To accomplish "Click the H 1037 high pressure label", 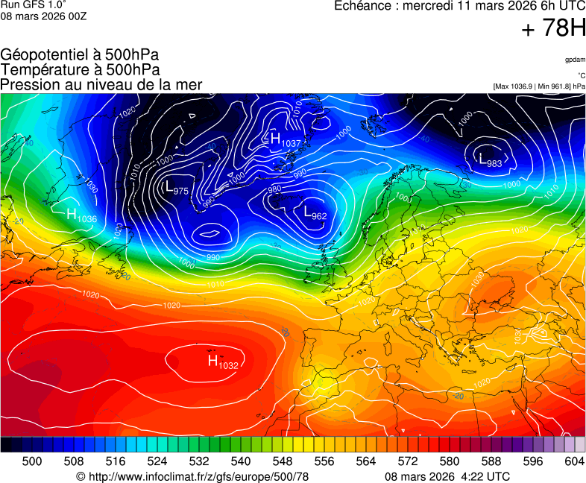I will coord(284,139).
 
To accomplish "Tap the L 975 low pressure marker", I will coord(176,188).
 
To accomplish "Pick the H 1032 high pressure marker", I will coord(222,362).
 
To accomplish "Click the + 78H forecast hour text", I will coord(553,29).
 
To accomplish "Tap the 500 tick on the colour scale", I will coord(31,461).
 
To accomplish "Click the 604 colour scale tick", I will coord(573,461).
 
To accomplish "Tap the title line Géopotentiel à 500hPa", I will coord(80,55).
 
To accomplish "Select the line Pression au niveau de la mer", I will coord(101,84).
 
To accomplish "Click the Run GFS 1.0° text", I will coord(34,4).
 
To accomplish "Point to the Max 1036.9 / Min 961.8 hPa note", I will coord(538,86).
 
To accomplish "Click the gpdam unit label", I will coord(574,60).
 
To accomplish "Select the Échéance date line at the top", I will coord(460,6).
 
